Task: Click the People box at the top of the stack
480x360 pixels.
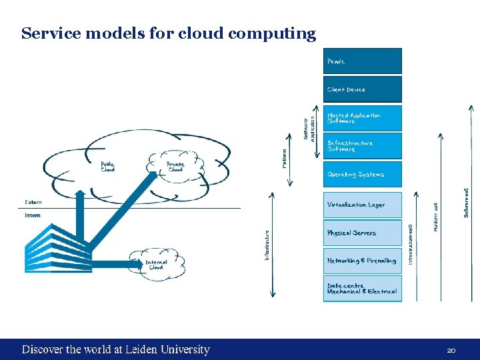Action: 363,61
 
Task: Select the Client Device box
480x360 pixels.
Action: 363,89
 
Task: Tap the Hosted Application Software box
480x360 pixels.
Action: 363,118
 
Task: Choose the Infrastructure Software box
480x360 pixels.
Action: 363,146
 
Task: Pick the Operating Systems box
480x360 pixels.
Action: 363,174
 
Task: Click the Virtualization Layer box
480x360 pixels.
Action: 363,205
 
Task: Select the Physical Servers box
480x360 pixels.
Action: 363,233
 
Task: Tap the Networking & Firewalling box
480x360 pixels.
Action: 363,261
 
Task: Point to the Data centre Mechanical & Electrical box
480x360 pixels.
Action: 363,289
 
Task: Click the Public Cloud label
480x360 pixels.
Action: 108,167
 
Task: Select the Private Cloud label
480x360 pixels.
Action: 175,167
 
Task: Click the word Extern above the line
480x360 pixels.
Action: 33,202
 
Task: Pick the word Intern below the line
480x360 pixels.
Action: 33,215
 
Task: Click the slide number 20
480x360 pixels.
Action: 451,350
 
